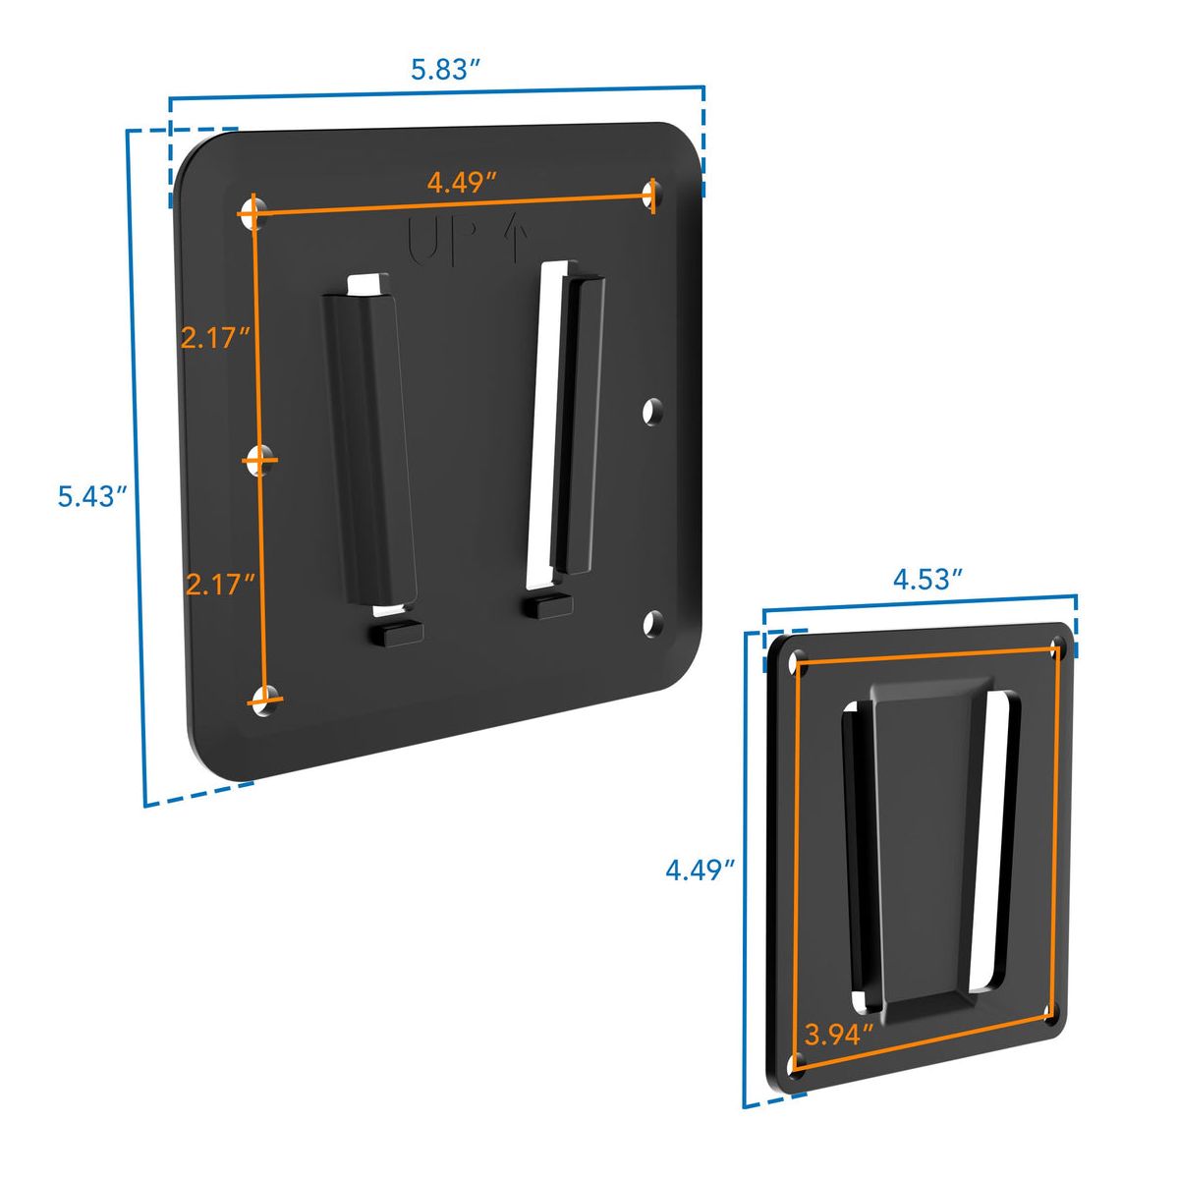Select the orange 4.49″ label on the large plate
click(x=462, y=183)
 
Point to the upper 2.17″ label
click(x=215, y=338)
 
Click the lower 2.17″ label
click(x=220, y=585)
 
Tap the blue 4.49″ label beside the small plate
click(x=700, y=870)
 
